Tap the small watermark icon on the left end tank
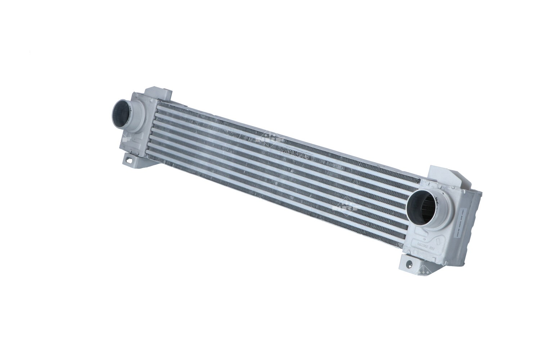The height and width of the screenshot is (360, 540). pyautogui.click(x=126, y=139)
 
